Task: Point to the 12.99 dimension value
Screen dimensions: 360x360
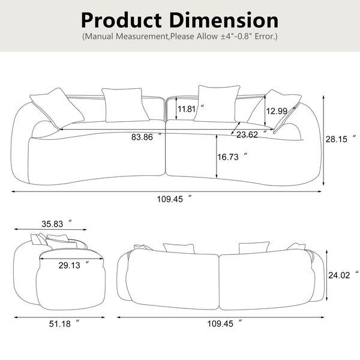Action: (x=277, y=110)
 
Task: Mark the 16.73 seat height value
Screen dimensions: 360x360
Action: (x=230, y=157)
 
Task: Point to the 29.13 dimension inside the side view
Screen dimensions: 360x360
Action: (x=70, y=264)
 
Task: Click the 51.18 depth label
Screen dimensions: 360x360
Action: (x=61, y=324)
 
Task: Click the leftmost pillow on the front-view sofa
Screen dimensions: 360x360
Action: (x=56, y=106)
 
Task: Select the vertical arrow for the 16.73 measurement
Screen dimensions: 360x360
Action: (x=215, y=157)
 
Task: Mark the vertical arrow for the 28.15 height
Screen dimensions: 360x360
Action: (x=325, y=139)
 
